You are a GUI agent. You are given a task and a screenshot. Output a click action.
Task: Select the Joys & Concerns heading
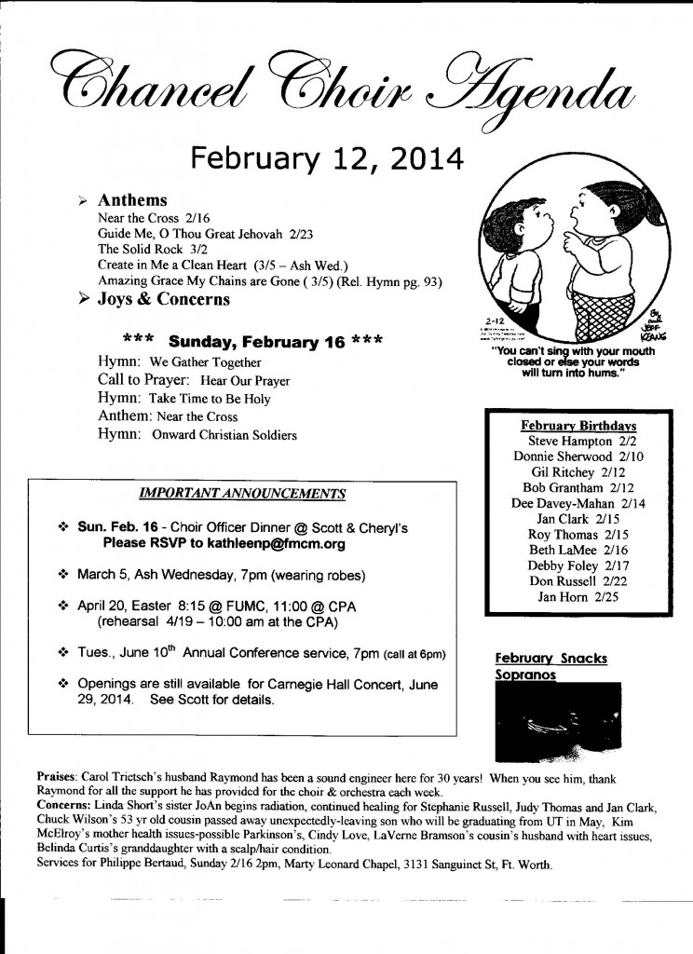[x=163, y=300]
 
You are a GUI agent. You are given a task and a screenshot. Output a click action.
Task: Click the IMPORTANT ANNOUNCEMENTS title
[x=241, y=493]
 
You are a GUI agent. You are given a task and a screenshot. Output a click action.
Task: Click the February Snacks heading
[x=551, y=659]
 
